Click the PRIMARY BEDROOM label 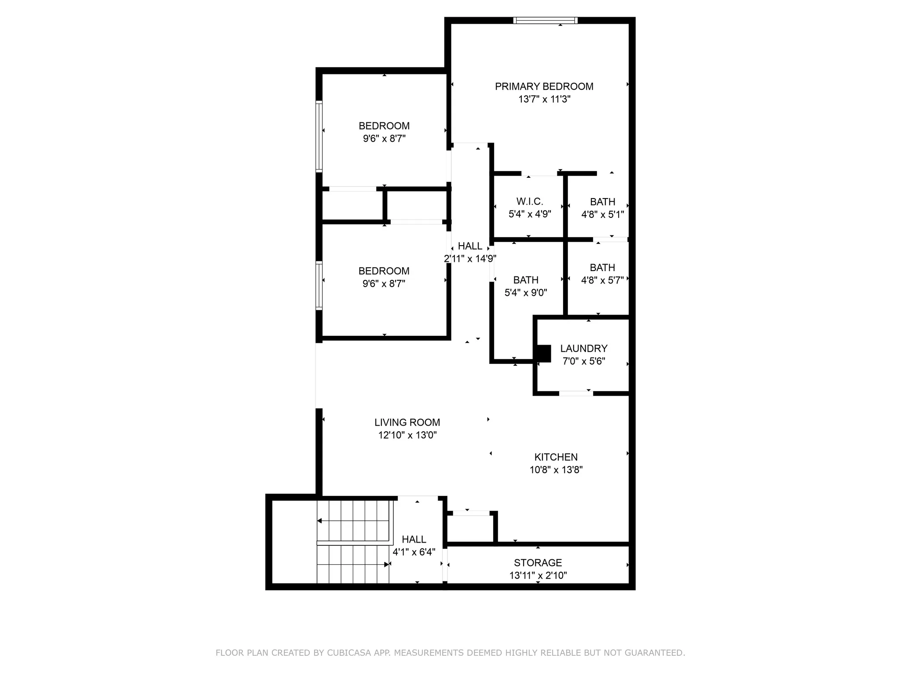point(544,86)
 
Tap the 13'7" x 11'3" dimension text point(544,99)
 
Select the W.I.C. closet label point(530,202)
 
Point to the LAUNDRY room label point(584,349)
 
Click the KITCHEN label point(556,457)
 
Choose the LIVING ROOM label point(407,422)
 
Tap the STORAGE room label point(538,562)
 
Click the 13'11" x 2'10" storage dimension point(538,575)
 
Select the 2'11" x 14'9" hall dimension point(470,259)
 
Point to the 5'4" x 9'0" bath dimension point(526,293)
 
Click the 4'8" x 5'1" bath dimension point(603,214)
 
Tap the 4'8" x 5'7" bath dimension point(602,280)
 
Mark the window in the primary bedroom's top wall point(545,20)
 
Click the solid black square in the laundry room point(544,353)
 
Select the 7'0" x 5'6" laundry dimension point(584,361)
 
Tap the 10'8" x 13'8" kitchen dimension point(556,470)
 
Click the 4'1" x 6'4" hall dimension point(414,552)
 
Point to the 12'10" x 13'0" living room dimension point(407,435)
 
